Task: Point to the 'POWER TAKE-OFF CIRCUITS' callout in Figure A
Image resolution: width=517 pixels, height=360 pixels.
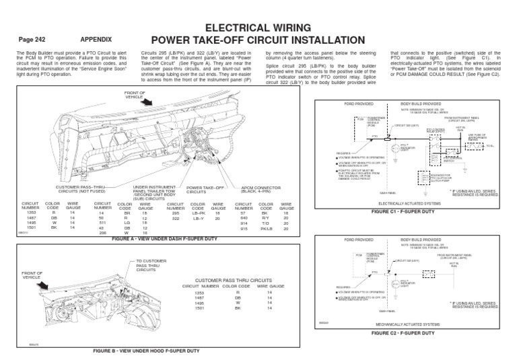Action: click(x=205, y=190)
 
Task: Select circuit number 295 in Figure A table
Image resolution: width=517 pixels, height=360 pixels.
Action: click(x=176, y=213)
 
